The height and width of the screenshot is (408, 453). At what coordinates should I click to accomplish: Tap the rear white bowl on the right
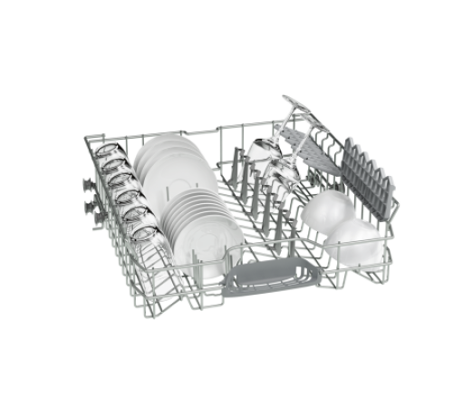(x=329, y=210)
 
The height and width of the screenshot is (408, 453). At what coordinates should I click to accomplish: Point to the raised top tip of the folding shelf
(x=287, y=98)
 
